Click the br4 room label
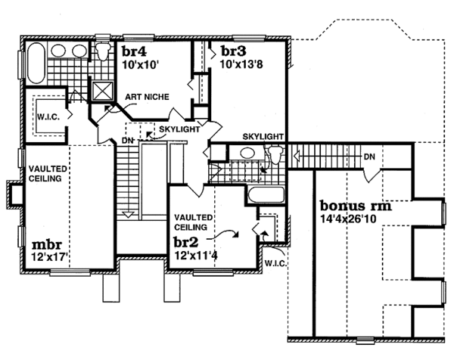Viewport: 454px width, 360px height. coord(134,51)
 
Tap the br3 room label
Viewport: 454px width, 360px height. coord(234,51)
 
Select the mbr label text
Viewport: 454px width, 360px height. coord(47,245)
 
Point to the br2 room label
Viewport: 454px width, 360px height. coord(186,242)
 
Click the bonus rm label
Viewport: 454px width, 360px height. coord(356,206)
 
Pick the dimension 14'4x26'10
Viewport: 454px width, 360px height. coord(348,219)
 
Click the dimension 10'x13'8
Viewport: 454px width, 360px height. coord(241,64)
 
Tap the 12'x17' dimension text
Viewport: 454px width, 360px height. coord(51,256)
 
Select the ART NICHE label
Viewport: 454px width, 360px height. coord(147,97)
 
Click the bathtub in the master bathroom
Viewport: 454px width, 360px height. coord(36,63)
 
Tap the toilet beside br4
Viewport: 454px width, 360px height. coord(103,51)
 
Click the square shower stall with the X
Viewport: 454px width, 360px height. coord(102,91)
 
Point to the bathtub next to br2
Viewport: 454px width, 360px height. coord(266,195)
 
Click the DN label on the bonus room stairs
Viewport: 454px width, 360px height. coord(369,157)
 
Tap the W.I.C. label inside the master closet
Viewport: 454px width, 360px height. coord(48,117)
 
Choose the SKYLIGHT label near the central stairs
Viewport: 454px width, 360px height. coord(179,129)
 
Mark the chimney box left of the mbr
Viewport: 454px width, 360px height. coord(15,194)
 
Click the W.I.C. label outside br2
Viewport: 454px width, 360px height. coord(276,264)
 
